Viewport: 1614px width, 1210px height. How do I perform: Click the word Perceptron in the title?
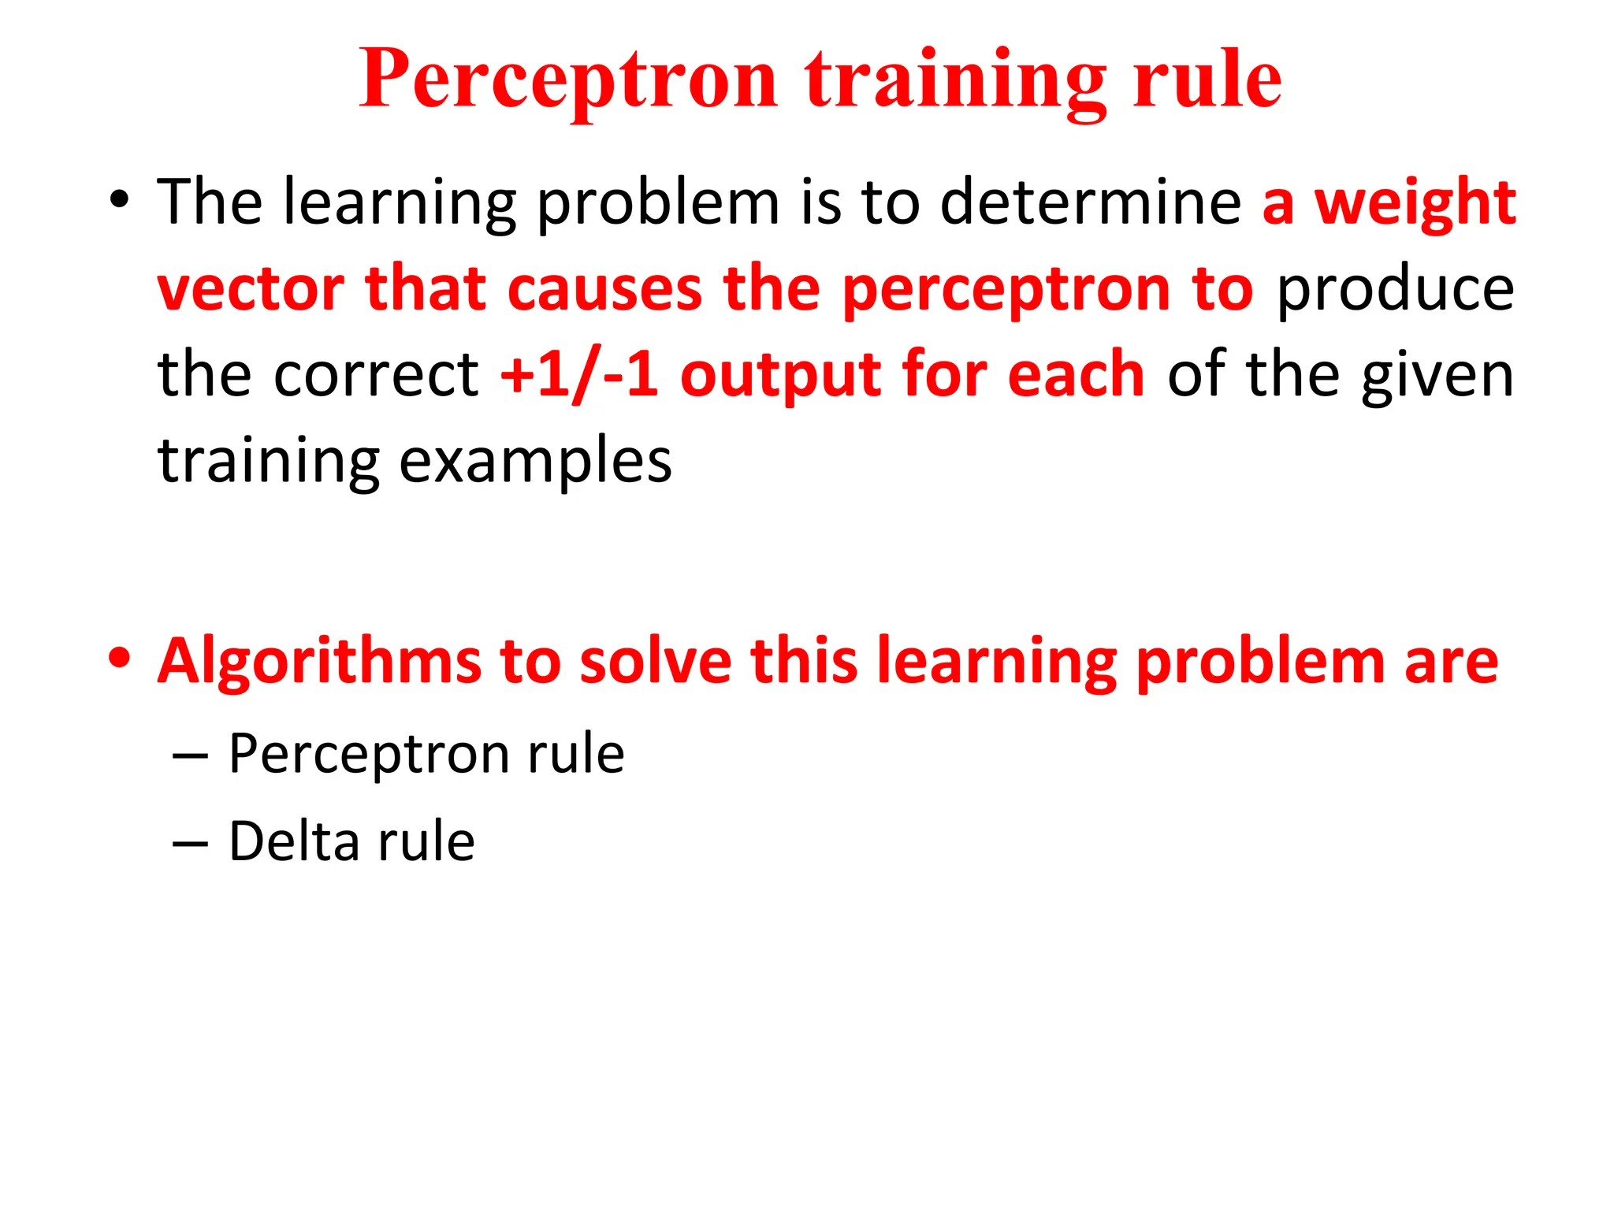(568, 80)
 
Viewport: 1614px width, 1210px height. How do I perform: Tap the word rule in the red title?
(1207, 80)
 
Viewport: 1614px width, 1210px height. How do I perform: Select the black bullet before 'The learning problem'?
(119, 200)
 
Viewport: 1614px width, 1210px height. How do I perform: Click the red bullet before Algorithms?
(119, 659)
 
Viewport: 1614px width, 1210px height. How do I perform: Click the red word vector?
(251, 288)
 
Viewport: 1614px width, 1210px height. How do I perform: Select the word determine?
(1091, 203)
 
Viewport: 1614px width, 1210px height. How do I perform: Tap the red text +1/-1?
(579, 375)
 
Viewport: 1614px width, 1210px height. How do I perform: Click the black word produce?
(1395, 290)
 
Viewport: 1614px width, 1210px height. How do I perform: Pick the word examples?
(535, 462)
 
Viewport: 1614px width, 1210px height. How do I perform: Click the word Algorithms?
(318, 662)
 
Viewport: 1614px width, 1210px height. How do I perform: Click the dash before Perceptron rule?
(190, 756)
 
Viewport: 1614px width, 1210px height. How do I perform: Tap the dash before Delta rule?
(190, 844)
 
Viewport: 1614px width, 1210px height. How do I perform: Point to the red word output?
(779, 375)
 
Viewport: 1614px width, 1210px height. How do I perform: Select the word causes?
(604, 288)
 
